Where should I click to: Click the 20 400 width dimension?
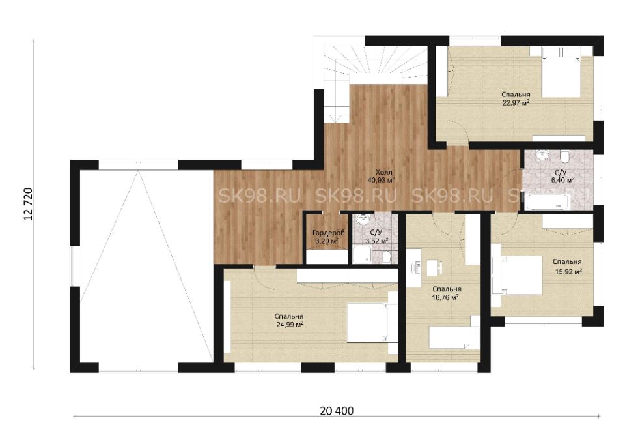coord(337,411)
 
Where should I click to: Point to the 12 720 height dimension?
coord(28,205)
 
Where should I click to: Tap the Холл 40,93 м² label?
coord(381,176)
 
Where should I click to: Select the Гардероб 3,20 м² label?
coord(328,237)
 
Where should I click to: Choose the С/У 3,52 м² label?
coord(377,237)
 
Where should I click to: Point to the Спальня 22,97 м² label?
coord(516,98)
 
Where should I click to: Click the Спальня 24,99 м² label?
coord(289,320)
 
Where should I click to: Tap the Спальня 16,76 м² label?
coord(447,293)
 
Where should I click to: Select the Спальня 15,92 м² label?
coord(567,267)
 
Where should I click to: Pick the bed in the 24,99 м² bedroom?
coord(368,323)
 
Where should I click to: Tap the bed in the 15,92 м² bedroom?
coord(516,275)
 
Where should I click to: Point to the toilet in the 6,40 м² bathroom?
coord(564,157)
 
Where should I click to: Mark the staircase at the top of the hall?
coord(375,80)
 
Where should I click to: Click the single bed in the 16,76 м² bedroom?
coord(454,338)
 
